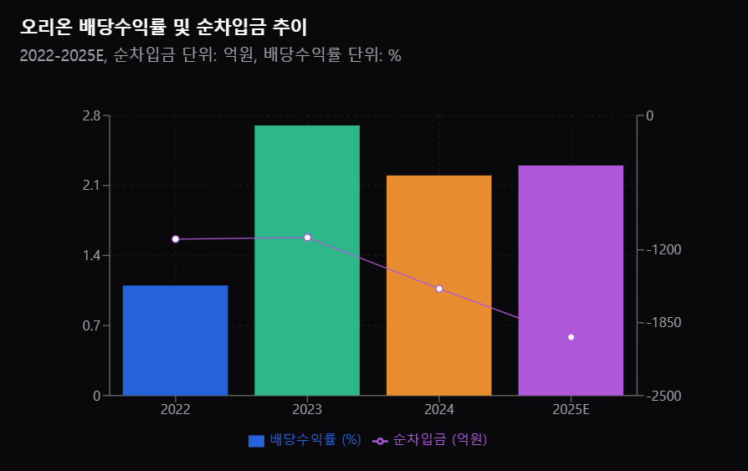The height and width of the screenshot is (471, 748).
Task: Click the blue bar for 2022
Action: click(x=175, y=340)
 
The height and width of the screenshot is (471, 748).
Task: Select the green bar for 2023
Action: click(x=307, y=260)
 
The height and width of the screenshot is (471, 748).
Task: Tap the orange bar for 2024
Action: click(x=438, y=284)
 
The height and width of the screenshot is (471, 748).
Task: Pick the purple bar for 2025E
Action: click(x=571, y=279)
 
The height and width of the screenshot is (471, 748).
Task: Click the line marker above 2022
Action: click(x=176, y=239)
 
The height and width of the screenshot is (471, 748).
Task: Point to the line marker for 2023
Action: click(x=307, y=238)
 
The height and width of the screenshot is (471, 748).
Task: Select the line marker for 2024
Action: click(x=439, y=289)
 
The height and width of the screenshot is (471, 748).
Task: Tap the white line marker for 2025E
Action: click(x=571, y=337)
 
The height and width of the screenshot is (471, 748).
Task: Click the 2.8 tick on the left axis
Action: click(x=90, y=115)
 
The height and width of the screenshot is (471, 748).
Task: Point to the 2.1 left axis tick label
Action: click(x=90, y=185)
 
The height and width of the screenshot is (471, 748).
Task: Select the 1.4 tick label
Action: click(x=90, y=255)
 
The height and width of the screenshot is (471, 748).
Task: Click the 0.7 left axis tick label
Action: click(x=90, y=325)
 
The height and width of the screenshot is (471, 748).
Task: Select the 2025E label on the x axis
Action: click(x=571, y=410)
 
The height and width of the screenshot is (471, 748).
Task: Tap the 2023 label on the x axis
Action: click(x=307, y=410)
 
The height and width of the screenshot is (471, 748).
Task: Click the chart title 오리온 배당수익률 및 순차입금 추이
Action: click(x=164, y=28)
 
